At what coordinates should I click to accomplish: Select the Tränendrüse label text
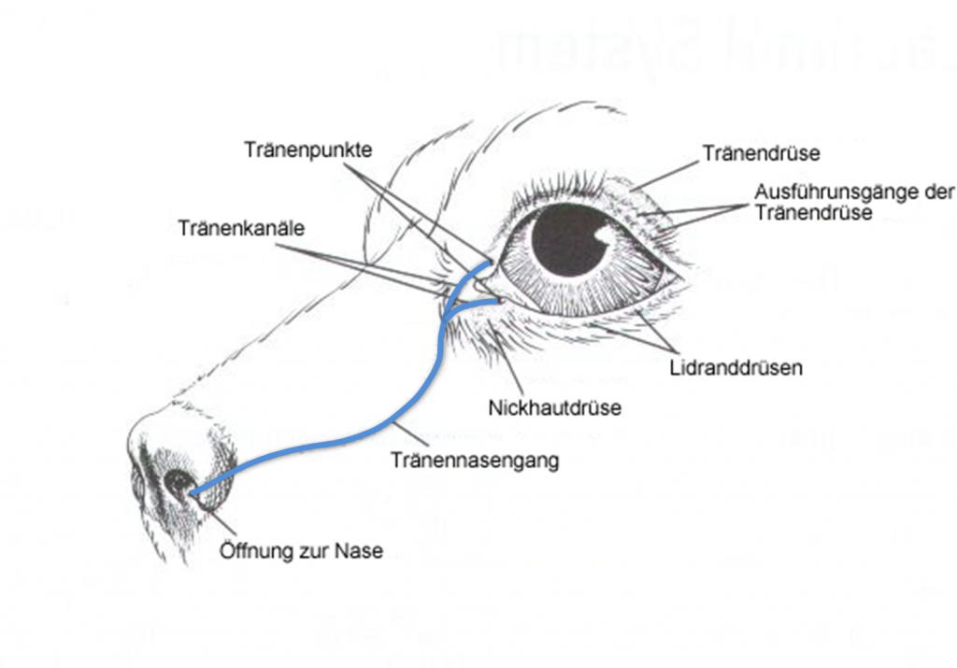coord(761,151)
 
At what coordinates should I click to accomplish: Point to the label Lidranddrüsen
coord(736,368)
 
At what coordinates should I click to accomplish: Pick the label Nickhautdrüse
coord(554,408)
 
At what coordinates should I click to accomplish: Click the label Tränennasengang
coord(475,460)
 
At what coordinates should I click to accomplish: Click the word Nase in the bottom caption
coord(361,550)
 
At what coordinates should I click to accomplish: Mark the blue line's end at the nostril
coord(192,491)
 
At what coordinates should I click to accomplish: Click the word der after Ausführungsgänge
coord(937,193)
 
